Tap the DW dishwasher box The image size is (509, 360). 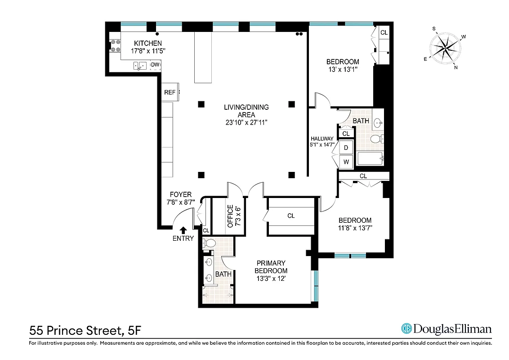point(155,65)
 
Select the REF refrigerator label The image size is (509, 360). point(170,92)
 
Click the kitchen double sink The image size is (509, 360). point(140,66)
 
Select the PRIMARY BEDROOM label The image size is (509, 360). point(271,267)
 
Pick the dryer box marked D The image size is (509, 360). point(346,148)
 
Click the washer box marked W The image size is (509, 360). point(346,162)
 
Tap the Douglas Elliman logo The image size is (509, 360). point(446,329)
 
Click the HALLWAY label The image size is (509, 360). point(322,139)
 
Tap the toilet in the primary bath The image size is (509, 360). point(209,243)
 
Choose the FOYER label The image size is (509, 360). point(181,194)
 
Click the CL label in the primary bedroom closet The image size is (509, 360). point(291,216)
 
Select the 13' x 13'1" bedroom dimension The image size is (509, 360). point(343,69)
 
